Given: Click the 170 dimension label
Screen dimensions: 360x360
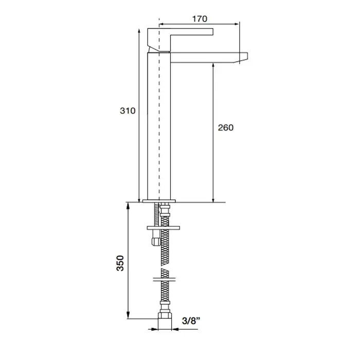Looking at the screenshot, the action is [200, 19].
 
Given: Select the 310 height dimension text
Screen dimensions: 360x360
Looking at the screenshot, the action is [128, 111].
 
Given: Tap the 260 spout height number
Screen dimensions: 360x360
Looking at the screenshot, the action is [226, 128].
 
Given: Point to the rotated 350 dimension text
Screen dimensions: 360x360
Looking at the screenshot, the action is [120, 263].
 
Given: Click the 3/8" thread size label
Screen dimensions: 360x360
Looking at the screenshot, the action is [191, 320].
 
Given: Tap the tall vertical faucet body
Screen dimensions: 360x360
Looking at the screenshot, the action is [159, 126].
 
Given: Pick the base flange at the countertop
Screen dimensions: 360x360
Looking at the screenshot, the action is [159, 201].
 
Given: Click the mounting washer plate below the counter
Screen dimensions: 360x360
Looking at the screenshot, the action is [163, 228].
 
